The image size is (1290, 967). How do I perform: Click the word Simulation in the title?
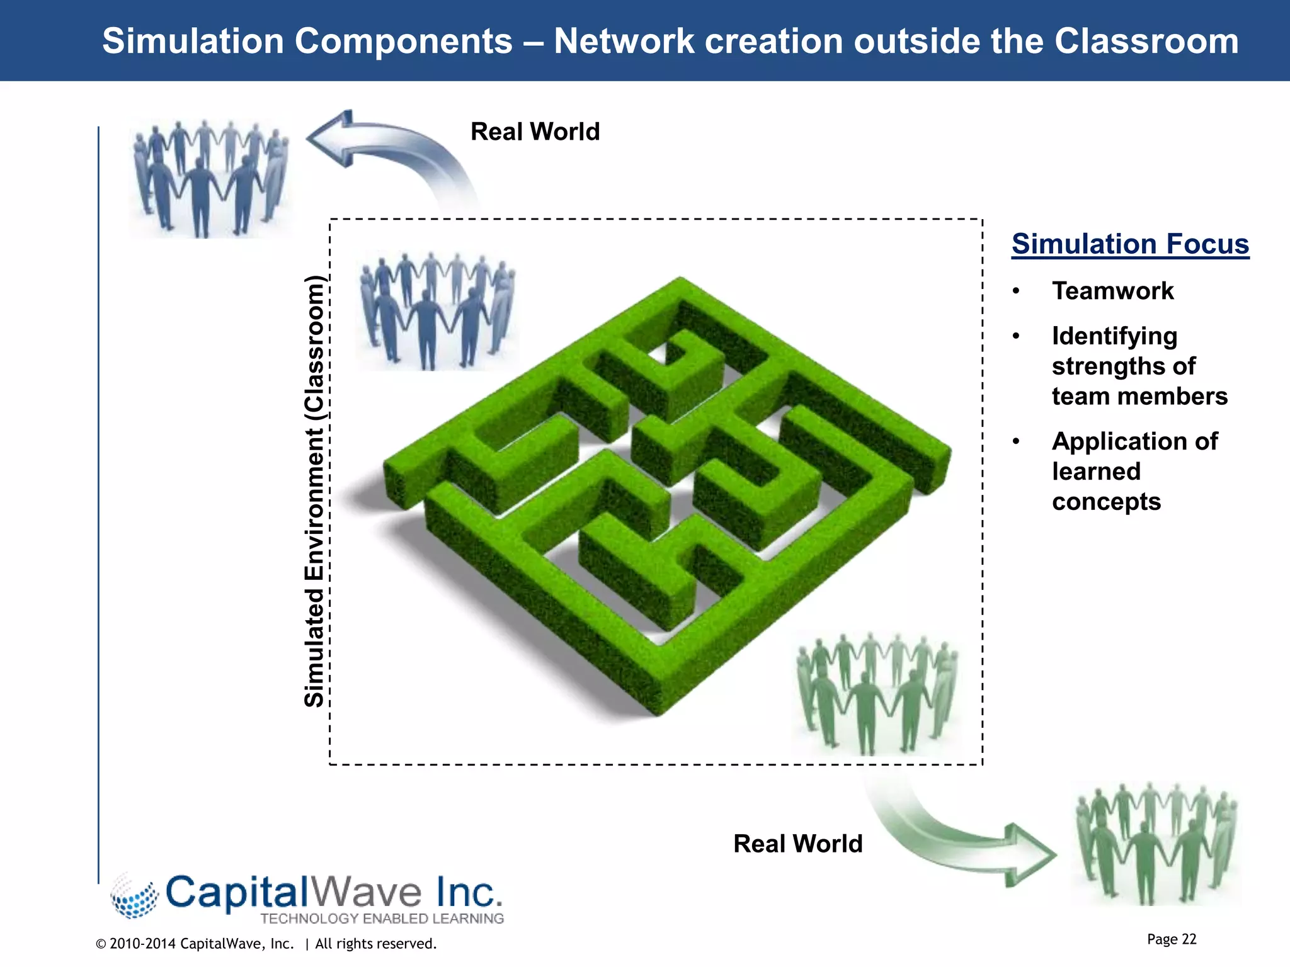pos(193,42)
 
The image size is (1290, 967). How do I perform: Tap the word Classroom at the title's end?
pos(1146,42)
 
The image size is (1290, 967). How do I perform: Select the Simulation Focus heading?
pos(1130,244)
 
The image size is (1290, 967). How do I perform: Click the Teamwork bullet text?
pos(1112,291)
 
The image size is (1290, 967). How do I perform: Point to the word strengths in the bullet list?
pos(1123,366)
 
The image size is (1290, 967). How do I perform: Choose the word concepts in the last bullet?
pos(1106,502)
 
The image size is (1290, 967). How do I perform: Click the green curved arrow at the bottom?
pos(964,837)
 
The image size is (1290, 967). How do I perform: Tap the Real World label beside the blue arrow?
pos(535,132)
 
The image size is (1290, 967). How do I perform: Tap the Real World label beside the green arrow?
pos(797,844)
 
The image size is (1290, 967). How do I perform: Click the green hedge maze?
pos(668,497)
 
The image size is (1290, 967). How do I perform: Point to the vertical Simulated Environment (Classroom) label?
pos(314,491)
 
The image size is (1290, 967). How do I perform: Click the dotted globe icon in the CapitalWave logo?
pos(134,896)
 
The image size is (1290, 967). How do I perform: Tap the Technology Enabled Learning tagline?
pos(382,919)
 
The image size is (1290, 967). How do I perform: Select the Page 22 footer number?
pos(1171,939)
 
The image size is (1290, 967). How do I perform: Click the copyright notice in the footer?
pos(266,944)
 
